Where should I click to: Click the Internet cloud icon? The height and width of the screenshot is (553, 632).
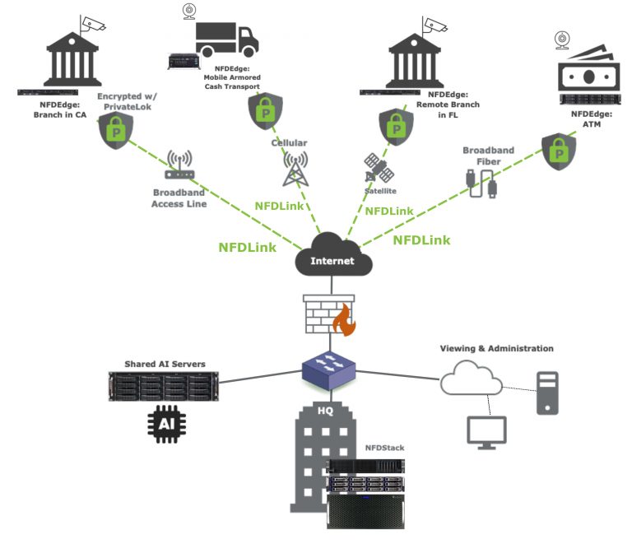click(x=333, y=258)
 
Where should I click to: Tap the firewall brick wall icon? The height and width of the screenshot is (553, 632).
click(x=328, y=314)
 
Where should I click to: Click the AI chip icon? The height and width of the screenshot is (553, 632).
click(x=165, y=424)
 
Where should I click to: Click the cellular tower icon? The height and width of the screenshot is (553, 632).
click(x=294, y=169)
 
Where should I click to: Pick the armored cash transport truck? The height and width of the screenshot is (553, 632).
click(x=227, y=38)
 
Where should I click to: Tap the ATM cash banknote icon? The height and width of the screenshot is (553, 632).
click(x=588, y=75)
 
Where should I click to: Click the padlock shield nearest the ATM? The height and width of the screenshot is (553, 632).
click(x=560, y=151)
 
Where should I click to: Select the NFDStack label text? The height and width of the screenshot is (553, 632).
click(x=384, y=448)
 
